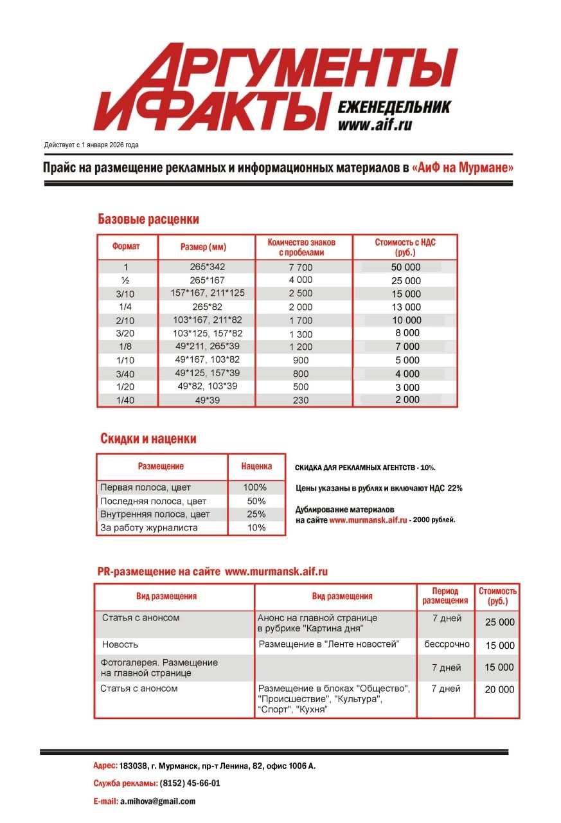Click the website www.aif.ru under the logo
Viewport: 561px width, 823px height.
[x=375, y=125]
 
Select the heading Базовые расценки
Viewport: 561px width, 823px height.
[x=148, y=219]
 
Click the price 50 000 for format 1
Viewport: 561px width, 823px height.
[x=405, y=267]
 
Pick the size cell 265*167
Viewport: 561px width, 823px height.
[x=207, y=280]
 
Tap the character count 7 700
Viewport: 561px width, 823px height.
[x=300, y=267]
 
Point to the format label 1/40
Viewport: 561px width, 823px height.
[x=126, y=400]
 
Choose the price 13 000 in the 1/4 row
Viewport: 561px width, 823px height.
[x=405, y=307]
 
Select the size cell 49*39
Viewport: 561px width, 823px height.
[x=207, y=400]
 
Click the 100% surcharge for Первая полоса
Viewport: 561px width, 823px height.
[x=256, y=487]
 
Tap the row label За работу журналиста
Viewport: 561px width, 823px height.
[x=148, y=528]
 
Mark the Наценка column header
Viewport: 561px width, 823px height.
[x=256, y=466]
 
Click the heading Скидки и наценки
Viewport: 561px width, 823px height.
[x=148, y=439]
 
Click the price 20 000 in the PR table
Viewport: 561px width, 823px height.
[x=499, y=689]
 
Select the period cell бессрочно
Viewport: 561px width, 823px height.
[x=447, y=644]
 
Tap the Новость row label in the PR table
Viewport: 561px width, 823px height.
[x=120, y=644]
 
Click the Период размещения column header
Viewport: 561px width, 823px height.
[x=445, y=595]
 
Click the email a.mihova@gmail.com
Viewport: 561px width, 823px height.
[x=157, y=801]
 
